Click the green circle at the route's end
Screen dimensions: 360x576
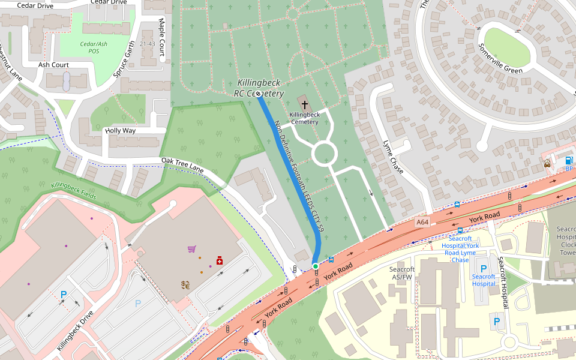tap(316, 266)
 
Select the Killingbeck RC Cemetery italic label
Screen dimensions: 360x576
tap(259, 88)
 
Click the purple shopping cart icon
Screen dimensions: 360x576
tap(191, 249)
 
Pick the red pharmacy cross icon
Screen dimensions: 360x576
tap(220, 260)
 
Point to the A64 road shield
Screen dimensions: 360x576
tap(422, 222)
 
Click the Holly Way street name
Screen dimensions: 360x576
tap(120, 130)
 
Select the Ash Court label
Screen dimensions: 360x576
tap(53, 65)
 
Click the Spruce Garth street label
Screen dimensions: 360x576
tap(124, 59)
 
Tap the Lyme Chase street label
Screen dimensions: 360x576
tap(393, 157)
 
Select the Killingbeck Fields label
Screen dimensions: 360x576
tap(73, 191)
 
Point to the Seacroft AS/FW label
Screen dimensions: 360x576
tap(401, 273)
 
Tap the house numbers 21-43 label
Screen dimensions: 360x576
tap(147, 44)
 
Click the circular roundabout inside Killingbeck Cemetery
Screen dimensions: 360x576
tap(325, 154)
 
